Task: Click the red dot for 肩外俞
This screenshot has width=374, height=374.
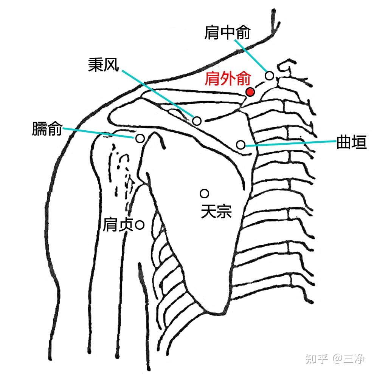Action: coord(250,91)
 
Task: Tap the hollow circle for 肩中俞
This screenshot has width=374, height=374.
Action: coord(269,76)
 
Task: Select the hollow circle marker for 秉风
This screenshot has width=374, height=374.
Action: coord(197,121)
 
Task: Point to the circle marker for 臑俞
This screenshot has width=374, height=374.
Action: coord(140,138)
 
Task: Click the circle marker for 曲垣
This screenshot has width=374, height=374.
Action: coord(241,144)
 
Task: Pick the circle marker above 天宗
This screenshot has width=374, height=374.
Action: coord(205,194)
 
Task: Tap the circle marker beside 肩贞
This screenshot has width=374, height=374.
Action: coord(140,226)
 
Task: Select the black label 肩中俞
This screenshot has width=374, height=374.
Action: coord(227,33)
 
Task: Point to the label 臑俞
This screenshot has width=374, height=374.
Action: coord(47,130)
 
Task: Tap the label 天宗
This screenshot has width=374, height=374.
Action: coord(216,211)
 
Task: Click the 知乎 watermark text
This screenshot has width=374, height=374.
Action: coord(317,358)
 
